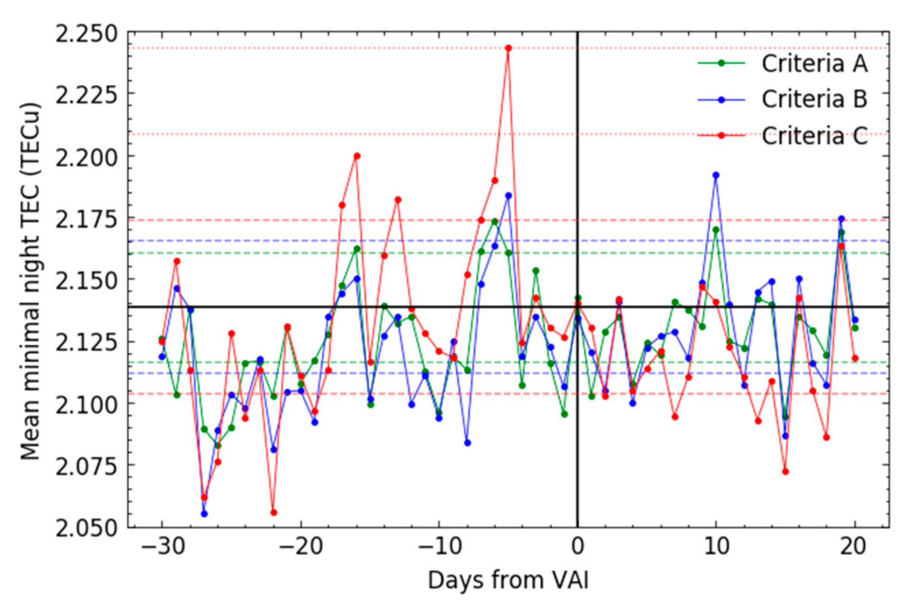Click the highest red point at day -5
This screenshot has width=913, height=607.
tap(509, 48)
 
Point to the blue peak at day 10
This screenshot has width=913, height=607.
tap(716, 175)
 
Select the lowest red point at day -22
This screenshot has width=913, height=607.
tap(274, 513)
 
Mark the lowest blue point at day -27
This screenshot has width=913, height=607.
tap(204, 514)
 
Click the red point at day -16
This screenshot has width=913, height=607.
tap(357, 156)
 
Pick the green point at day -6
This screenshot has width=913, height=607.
tap(495, 222)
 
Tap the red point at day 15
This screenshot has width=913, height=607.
tap(785, 472)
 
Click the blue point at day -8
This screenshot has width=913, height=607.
tap(467, 443)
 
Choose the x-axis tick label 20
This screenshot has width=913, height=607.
tap(854, 547)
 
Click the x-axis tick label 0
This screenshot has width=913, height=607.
tap(578, 547)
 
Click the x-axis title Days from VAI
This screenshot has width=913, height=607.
tap(508, 580)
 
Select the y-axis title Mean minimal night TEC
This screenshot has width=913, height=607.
tap(30, 281)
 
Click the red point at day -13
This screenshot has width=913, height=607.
tap(398, 200)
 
